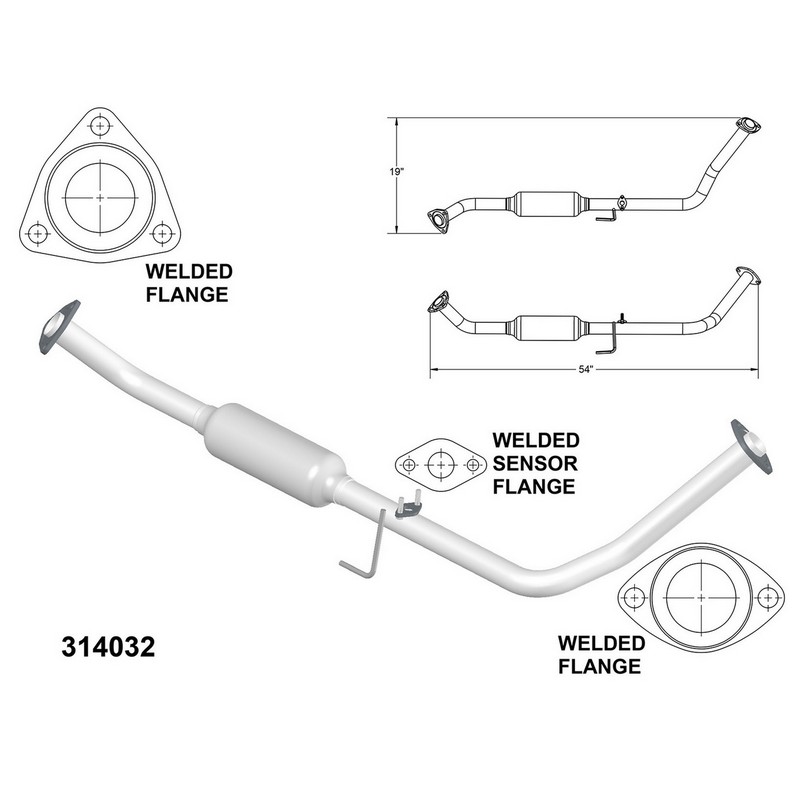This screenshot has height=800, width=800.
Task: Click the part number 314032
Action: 108,647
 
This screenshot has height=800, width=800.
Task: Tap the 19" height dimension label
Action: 396,172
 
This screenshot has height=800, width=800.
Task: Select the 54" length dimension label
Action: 586,369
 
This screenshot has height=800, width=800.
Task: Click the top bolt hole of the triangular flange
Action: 101,126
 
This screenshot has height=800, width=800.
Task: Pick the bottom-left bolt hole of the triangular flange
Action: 37,234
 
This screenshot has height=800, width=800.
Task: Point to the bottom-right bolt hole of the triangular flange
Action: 162,234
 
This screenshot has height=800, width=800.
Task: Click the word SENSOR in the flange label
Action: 535,463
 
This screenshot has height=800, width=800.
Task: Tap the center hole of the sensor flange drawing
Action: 441,465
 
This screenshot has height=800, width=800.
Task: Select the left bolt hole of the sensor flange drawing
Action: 409,465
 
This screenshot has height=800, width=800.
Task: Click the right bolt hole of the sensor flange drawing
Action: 473,465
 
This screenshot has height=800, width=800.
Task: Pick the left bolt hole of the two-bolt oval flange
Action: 634,597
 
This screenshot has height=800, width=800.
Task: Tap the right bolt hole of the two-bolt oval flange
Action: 768,597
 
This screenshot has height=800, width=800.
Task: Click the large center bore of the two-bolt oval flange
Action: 702,597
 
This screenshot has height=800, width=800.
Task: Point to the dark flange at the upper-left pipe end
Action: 59,327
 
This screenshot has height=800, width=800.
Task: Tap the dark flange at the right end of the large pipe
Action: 751,446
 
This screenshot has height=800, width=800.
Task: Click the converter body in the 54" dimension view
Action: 547,329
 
